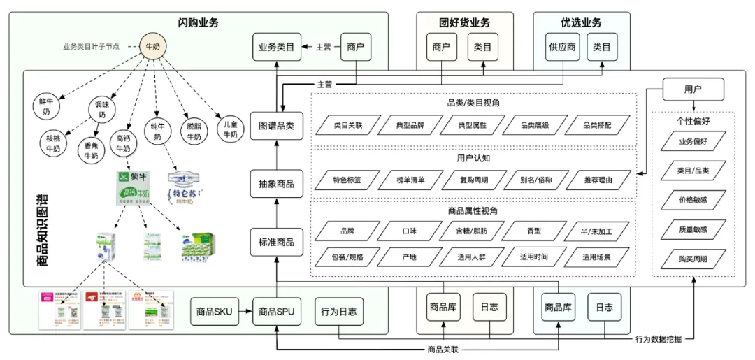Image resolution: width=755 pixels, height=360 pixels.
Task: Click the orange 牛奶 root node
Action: coord(152,47)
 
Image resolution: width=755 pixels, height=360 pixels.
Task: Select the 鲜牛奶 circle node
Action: coord(45,106)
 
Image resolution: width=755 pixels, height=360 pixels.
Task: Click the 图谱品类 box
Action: coord(276,126)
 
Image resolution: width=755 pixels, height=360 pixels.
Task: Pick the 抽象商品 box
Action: coord(276,185)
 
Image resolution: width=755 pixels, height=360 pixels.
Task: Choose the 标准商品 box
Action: coord(276,243)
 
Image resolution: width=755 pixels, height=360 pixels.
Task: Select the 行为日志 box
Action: coord(339,312)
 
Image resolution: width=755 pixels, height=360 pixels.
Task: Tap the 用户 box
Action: coord(692,89)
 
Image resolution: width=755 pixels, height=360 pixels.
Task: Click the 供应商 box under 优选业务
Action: coord(561,48)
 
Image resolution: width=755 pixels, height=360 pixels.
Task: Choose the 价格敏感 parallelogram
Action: coord(692,199)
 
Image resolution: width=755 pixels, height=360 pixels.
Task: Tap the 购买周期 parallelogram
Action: coord(692,259)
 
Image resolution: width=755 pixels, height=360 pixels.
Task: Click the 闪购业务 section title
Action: coord(199,22)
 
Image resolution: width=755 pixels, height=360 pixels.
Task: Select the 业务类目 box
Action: coord(276,48)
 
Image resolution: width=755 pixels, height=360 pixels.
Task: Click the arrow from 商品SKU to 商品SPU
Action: coord(245,312)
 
